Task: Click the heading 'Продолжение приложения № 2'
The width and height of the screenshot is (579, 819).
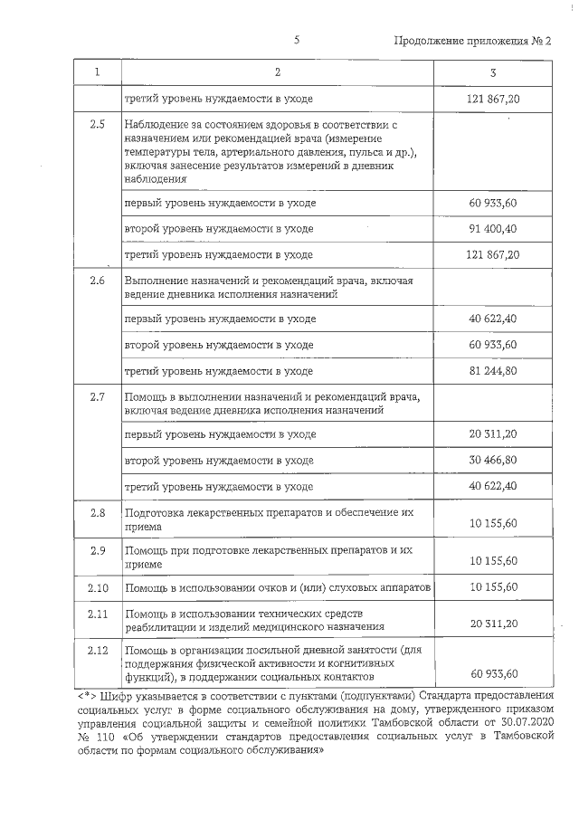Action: tap(472, 42)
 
